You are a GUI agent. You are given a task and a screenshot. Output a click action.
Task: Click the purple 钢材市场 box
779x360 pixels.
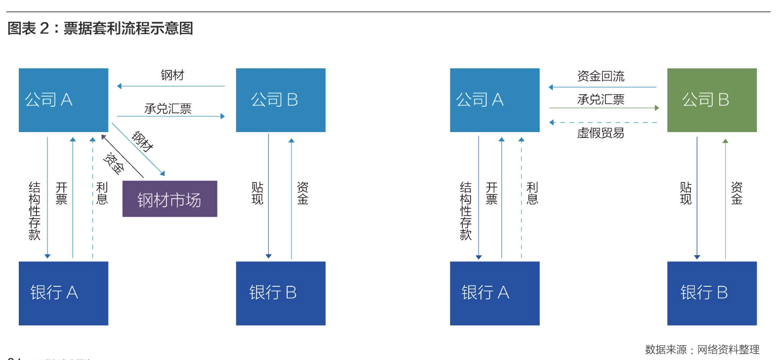pyautogui.click(x=170, y=199)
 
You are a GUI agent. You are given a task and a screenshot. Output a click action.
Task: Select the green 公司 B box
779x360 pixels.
pyautogui.click(x=711, y=100)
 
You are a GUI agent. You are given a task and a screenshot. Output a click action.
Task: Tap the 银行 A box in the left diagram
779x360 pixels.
pyautogui.click(x=63, y=293)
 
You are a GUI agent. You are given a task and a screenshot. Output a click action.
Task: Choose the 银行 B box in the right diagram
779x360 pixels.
pyautogui.click(x=711, y=293)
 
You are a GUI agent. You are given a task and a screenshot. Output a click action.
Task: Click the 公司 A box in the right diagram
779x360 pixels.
pyautogui.click(x=494, y=100)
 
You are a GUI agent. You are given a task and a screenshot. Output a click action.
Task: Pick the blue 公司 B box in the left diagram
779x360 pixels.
pyautogui.click(x=280, y=100)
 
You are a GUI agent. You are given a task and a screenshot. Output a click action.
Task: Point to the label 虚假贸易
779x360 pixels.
pyautogui.click(x=601, y=133)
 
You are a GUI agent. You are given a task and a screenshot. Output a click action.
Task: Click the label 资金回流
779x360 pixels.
pyautogui.click(x=601, y=76)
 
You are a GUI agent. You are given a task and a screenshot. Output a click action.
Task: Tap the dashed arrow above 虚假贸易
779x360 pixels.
pyautogui.click(x=603, y=122)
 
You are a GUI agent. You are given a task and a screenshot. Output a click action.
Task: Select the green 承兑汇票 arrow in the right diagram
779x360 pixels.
pyautogui.click(x=603, y=108)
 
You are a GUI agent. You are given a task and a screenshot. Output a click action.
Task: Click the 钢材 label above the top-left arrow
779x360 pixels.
pyautogui.click(x=173, y=75)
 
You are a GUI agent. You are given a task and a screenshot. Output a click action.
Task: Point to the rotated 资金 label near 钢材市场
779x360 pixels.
pyautogui.click(x=114, y=164)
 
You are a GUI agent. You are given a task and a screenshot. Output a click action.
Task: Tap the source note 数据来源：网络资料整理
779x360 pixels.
pyautogui.click(x=702, y=350)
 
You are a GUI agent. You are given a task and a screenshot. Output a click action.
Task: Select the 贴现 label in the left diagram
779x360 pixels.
pyautogui.click(x=258, y=193)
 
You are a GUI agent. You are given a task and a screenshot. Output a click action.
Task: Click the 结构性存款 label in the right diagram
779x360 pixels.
pyautogui.click(x=466, y=211)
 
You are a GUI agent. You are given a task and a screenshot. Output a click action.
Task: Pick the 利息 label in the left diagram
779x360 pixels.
pyautogui.click(x=102, y=193)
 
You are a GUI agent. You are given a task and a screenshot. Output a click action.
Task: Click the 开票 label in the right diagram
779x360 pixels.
pyautogui.click(x=491, y=193)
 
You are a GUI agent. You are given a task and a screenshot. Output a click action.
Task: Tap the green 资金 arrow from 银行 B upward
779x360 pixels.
pyautogui.click(x=725, y=198)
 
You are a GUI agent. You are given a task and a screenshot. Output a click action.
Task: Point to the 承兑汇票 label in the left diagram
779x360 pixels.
pyautogui.click(x=168, y=108)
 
